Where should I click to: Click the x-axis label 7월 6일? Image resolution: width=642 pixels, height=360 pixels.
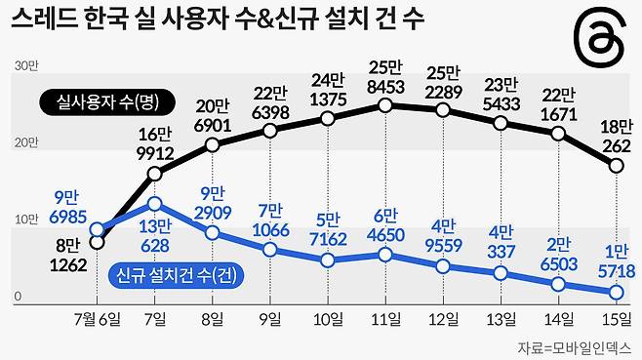97,319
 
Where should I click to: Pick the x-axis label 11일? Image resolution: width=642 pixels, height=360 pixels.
385,319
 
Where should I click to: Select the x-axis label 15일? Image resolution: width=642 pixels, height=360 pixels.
617,319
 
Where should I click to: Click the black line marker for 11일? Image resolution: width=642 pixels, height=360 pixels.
385,104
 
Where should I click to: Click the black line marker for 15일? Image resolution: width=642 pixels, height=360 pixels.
617,166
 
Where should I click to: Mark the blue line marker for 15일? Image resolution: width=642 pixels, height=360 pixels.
617,292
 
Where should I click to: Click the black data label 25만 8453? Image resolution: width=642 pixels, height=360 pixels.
385,76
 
